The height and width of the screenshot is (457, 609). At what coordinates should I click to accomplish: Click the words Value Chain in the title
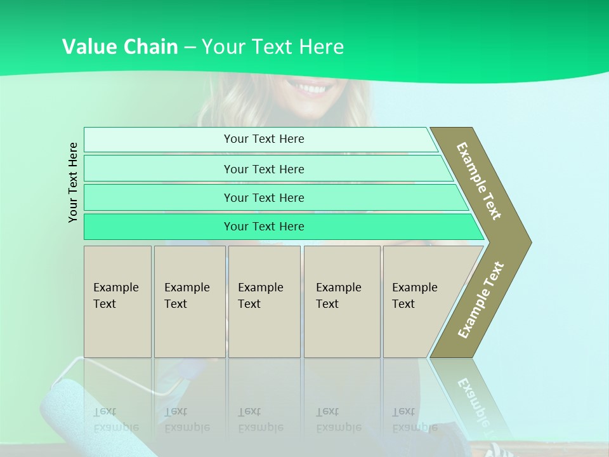pyautogui.click(x=120, y=47)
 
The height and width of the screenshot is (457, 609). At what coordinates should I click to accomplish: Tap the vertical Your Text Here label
pyautogui.click(x=73, y=182)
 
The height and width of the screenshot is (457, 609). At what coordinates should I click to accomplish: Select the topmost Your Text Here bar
pyautogui.click(x=264, y=139)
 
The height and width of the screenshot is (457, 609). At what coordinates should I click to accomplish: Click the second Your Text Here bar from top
pyautogui.click(x=264, y=169)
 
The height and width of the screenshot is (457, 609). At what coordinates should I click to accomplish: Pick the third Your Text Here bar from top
pyautogui.click(x=264, y=197)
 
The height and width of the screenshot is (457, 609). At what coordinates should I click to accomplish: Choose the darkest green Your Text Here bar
pyautogui.click(x=264, y=227)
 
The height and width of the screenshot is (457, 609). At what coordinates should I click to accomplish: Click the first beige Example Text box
pyautogui.click(x=117, y=301)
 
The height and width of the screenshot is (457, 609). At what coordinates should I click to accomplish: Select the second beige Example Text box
pyautogui.click(x=189, y=301)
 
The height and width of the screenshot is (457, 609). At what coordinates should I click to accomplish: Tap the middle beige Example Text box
pyautogui.click(x=264, y=301)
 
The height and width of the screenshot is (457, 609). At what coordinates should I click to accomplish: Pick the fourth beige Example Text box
pyautogui.click(x=341, y=301)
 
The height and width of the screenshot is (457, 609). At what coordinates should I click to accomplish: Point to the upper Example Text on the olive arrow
pyautogui.click(x=479, y=181)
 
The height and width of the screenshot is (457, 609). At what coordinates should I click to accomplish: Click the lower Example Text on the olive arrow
pyautogui.click(x=481, y=300)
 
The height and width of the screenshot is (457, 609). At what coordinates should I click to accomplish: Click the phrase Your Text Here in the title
pyautogui.click(x=273, y=47)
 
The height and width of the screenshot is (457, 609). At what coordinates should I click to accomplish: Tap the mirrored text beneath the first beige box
pyautogui.click(x=115, y=420)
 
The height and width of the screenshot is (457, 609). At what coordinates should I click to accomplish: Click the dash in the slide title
pyautogui.click(x=190, y=48)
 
